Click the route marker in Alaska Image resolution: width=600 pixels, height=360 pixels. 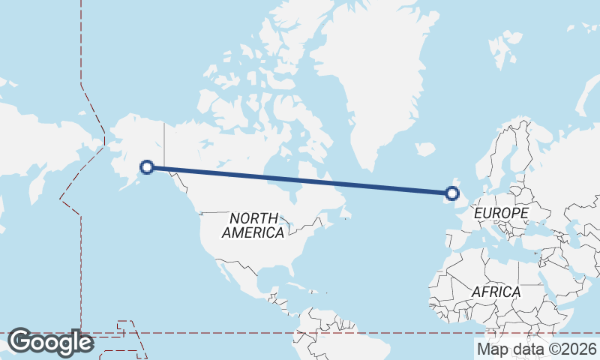pyautogui.click(x=148, y=167)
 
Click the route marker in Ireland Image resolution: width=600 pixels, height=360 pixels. pyautogui.click(x=451, y=193)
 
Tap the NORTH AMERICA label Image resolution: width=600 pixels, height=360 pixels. pyautogui.click(x=253, y=225)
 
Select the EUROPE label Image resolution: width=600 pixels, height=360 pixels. pyautogui.click(x=500, y=214)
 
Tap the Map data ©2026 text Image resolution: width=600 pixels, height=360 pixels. pyautogui.click(x=536, y=349)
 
